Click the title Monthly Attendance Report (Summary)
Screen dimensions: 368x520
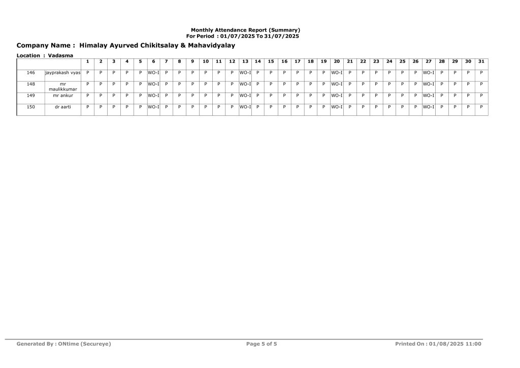click(x=245, y=30)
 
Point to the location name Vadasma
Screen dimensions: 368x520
click(x=60, y=55)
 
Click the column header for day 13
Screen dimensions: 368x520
click(x=245, y=62)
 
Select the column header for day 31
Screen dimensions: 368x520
click(x=481, y=62)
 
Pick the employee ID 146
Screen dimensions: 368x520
click(x=30, y=73)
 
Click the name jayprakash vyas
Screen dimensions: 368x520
click(x=62, y=73)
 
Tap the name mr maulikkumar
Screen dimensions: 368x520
click(x=62, y=86)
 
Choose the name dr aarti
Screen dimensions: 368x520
click(x=62, y=107)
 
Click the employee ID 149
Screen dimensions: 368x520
click(x=30, y=95)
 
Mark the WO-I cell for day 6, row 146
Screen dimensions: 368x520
click(x=153, y=73)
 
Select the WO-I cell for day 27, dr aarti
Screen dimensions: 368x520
click(x=428, y=107)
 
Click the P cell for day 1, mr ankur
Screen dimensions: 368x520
click(x=87, y=95)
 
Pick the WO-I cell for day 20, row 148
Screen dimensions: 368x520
click(x=337, y=84)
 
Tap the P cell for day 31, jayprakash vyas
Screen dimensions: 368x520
click(x=481, y=73)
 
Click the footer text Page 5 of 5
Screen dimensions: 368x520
click(x=262, y=344)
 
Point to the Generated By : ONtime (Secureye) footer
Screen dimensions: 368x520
click(x=63, y=344)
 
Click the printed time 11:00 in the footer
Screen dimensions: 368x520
click(x=473, y=344)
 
